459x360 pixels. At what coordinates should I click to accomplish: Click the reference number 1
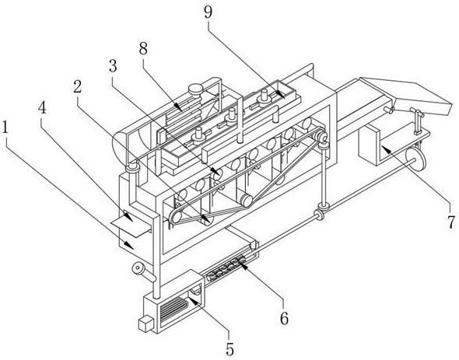[x=5, y=129]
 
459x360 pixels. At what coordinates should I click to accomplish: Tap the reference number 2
[x=77, y=86]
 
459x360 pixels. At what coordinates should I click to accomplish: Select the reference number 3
[x=113, y=66]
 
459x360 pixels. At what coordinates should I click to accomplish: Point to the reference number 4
[x=43, y=107]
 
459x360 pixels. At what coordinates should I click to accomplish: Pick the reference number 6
[x=284, y=318]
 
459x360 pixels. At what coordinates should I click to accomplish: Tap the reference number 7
[x=451, y=222]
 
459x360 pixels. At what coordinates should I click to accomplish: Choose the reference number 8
[x=143, y=48]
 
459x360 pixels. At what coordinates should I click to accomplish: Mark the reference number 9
[x=208, y=12]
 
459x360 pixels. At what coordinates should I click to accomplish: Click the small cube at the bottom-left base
[x=145, y=323]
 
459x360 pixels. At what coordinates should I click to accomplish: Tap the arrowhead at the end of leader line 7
[x=385, y=149]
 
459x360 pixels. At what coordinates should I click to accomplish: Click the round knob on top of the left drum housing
[x=196, y=89]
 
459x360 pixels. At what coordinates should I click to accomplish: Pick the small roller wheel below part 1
[x=137, y=269]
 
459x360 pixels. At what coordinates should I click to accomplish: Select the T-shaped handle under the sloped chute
[x=417, y=120]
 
